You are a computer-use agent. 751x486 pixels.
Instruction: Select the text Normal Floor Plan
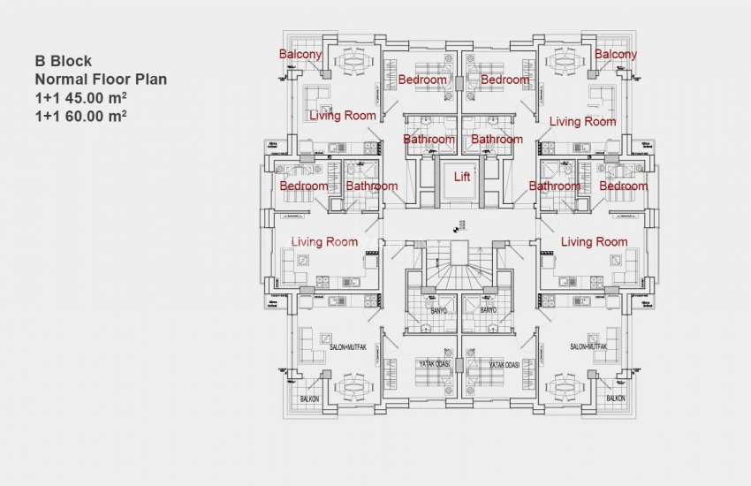pos(101,80)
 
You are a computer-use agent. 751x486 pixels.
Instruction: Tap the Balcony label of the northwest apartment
pos(300,55)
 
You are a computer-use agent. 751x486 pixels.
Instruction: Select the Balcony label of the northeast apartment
pos(615,55)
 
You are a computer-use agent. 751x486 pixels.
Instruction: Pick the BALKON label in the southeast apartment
pos(615,399)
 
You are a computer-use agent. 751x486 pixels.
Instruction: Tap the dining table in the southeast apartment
pos(565,387)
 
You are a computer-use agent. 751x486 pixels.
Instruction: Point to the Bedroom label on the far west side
pos(304,186)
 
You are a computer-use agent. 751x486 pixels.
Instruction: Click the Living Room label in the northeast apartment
pos(582,121)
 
